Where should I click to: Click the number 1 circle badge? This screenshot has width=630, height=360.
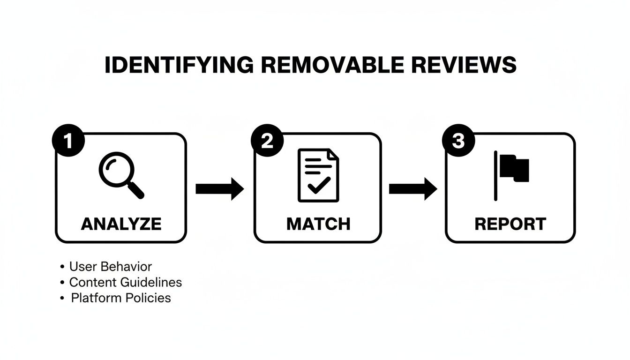point(69,140)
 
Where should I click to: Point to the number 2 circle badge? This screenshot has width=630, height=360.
point(267,140)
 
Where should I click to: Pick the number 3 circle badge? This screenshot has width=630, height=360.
point(458,140)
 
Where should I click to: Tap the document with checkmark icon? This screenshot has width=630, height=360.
point(318,175)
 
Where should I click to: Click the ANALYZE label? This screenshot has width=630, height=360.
point(121,224)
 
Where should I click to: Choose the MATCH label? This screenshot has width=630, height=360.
point(318,224)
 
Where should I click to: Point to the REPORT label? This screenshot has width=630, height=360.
point(510,224)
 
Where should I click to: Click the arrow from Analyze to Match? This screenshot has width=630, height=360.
point(220,189)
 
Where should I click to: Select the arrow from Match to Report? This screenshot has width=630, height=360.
point(413,189)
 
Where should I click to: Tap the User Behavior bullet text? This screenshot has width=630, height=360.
point(111,267)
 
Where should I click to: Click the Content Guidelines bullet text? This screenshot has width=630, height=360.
point(125,282)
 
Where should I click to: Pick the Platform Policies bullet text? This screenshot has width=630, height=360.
point(121,298)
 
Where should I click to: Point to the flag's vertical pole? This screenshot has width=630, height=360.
point(495,176)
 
